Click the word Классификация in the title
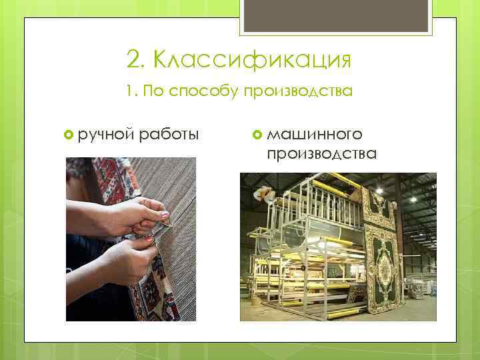[251, 61]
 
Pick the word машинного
[315, 135]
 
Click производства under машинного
[321, 154]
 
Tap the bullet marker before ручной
[69, 135]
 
